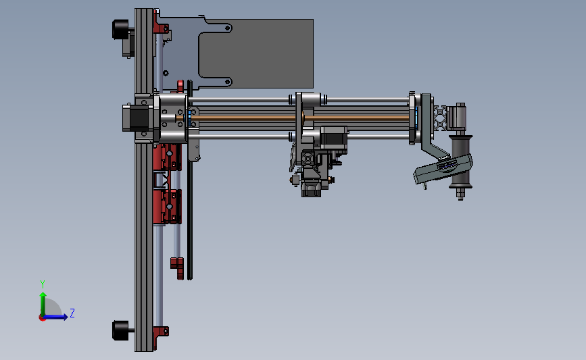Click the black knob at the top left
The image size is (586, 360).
click(x=120, y=29)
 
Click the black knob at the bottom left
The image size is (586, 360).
click(x=120, y=330)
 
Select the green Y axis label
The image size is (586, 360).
click(x=42, y=284)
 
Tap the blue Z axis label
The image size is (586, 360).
click(x=72, y=313)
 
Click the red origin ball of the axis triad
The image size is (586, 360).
click(x=42, y=317)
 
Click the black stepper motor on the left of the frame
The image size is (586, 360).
click(x=136, y=119)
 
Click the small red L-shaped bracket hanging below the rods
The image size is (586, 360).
click(x=177, y=266)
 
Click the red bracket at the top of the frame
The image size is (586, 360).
click(x=162, y=26)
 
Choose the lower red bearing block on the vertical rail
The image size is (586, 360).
click(x=167, y=206)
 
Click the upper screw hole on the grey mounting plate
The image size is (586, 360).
click(x=228, y=28)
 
